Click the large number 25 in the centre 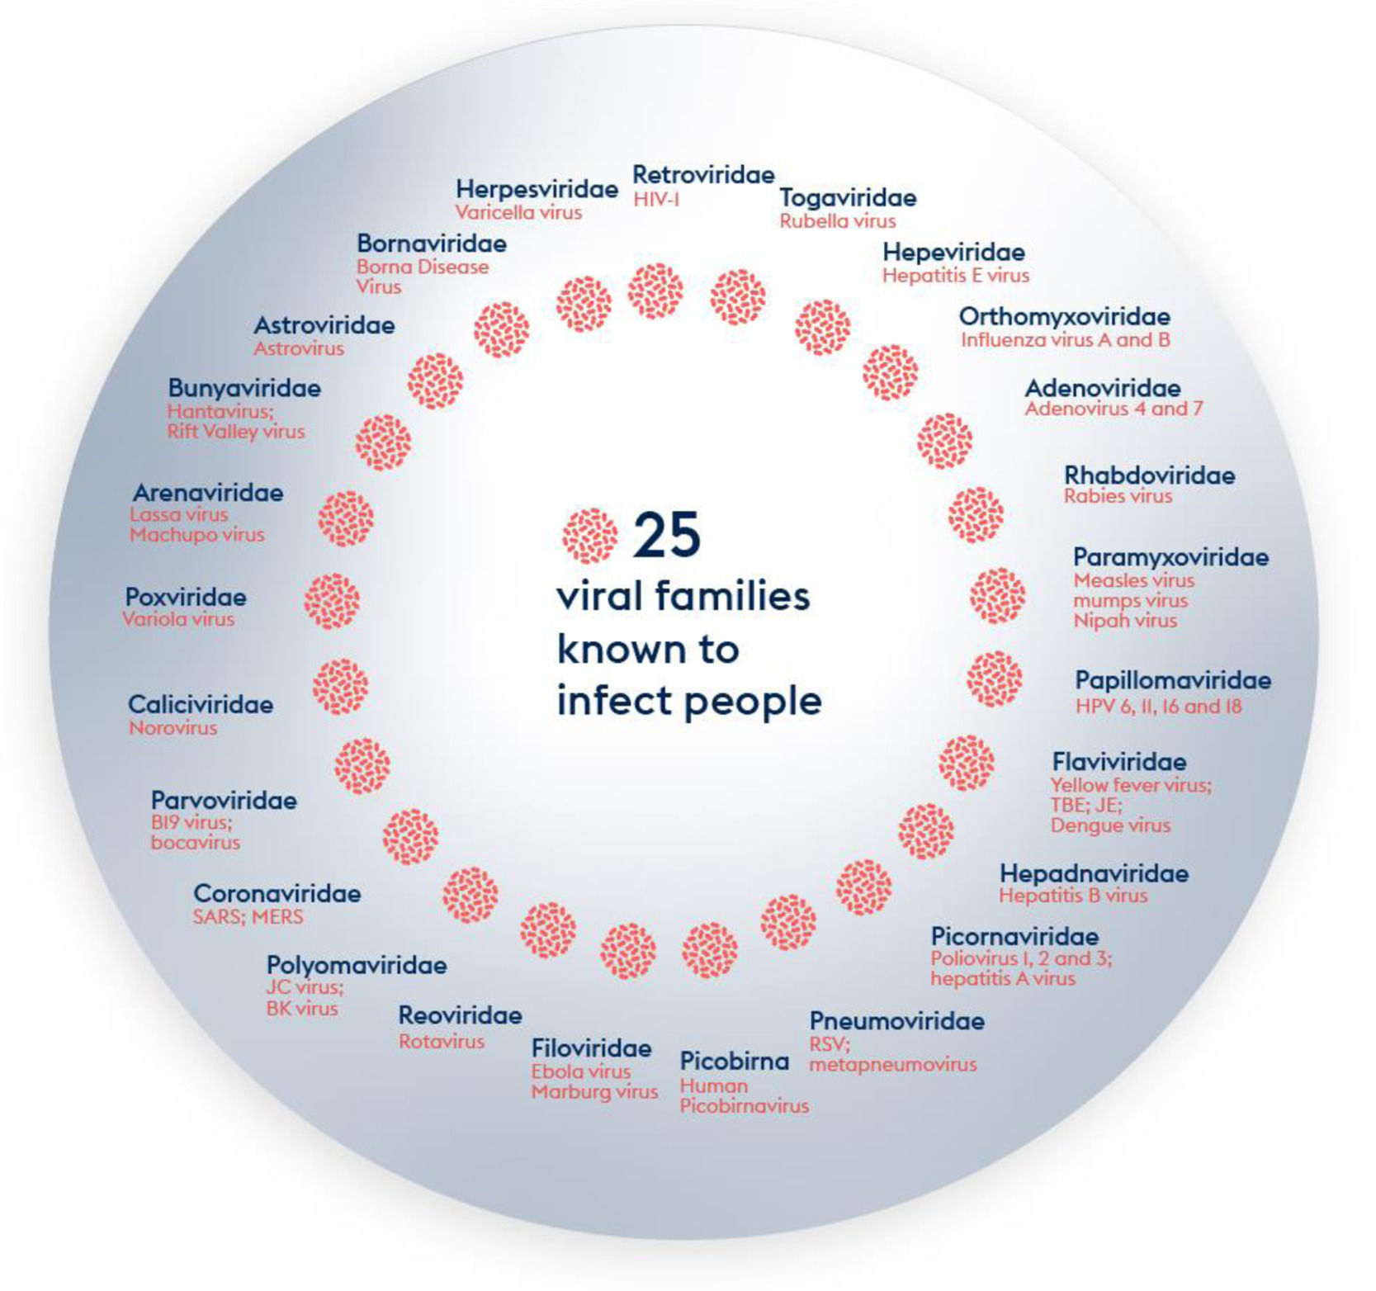tap(667, 535)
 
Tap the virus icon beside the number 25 tap(589, 535)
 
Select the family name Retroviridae tap(703, 175)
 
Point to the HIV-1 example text tap(656, 199)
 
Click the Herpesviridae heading tap(537, 189)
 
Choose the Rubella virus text tap(837, 221)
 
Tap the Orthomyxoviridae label tap(1064, 316)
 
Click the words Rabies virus tap(1118, 496)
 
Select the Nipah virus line tap(1125, 621)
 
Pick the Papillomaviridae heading tap(1172, 681)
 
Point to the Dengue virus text tap(1110, 825)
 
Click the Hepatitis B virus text tap(1073, 896)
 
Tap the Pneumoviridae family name tap(896, 1021)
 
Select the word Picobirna tap(734, 1061)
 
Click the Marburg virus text tap(594, 1092)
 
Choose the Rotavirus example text tap(442, 1042)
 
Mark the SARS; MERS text tap(248, 917)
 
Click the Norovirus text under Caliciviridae tap(173, 728)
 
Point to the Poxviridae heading tap(186, 597)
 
